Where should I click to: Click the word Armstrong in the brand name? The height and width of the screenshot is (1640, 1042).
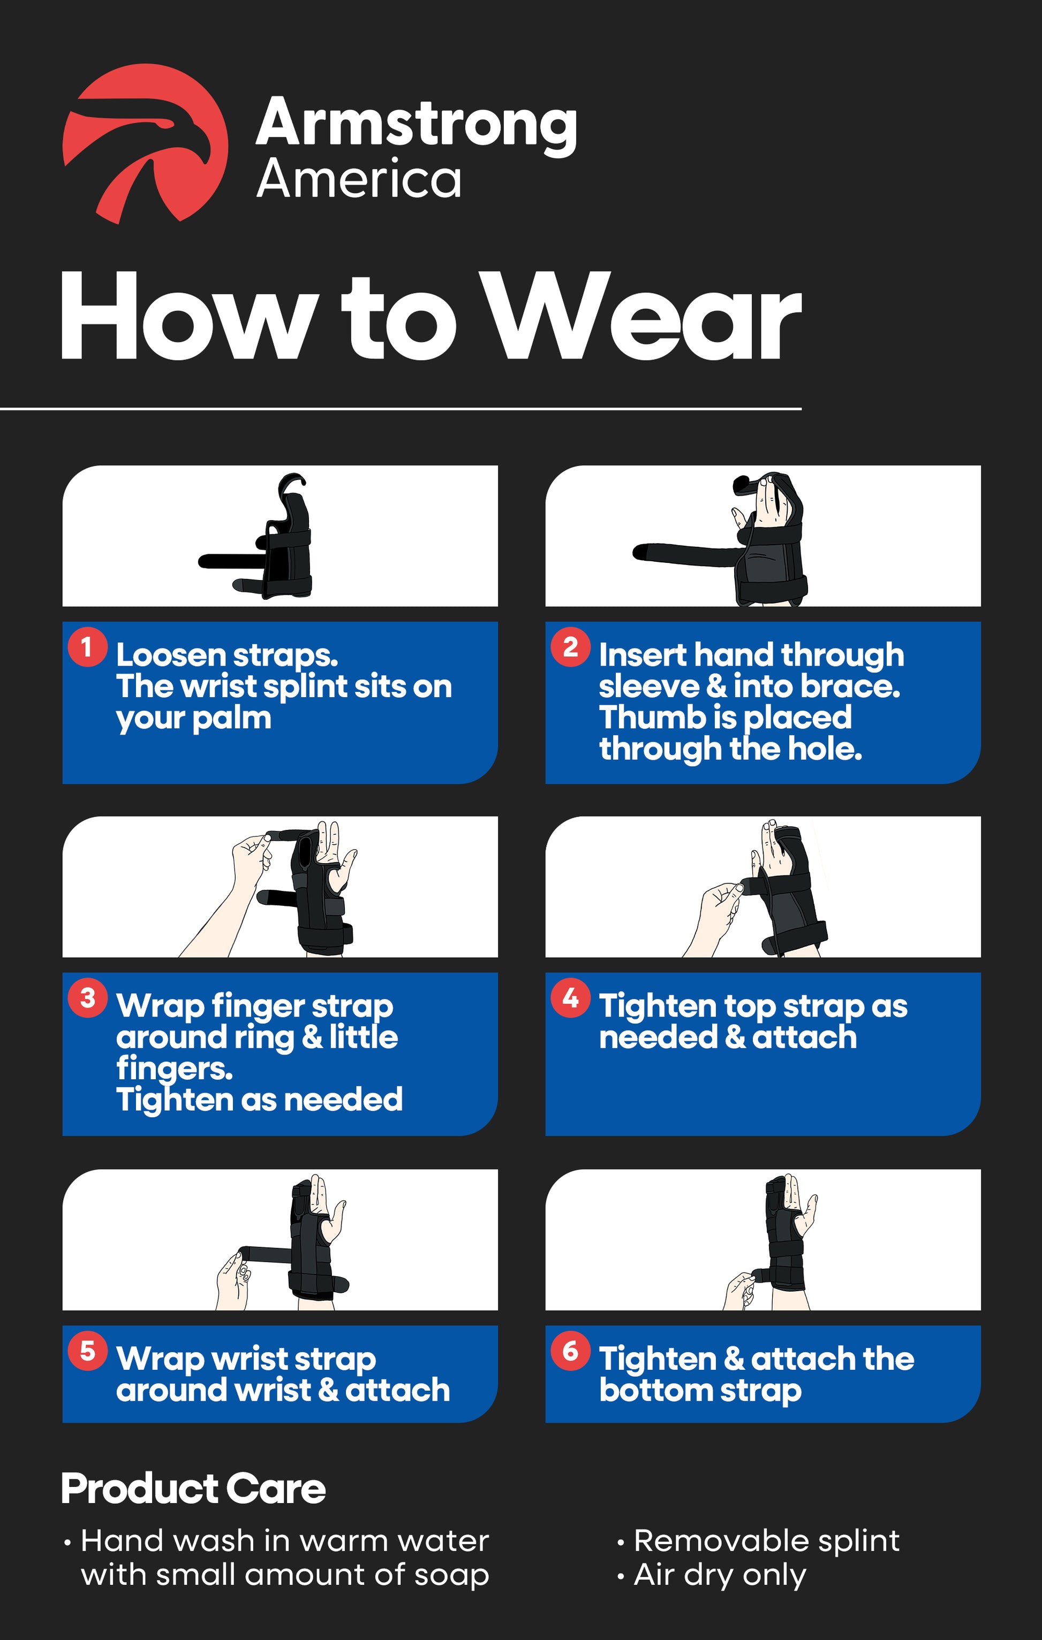[417, 123]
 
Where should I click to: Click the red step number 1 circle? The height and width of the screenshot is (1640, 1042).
[87, 647]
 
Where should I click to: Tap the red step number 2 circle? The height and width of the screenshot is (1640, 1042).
[570, 647]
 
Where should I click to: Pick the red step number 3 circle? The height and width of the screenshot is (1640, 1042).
[87, 998]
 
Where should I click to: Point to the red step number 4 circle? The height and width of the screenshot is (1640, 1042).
[570, 998]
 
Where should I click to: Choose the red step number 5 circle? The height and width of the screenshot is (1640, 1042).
[87, 1351]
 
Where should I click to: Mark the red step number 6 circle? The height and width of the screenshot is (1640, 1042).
[570, 1351]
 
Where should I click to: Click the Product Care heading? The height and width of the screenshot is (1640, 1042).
[193, 1489]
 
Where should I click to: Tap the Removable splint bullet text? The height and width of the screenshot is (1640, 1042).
[767, 1540]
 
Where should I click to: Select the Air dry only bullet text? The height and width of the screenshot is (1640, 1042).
[720, 1575]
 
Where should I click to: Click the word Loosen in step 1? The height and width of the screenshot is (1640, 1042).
[170, 655]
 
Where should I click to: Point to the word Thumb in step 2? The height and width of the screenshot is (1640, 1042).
[642, 717]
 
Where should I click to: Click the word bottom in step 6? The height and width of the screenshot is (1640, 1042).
[655, 1390]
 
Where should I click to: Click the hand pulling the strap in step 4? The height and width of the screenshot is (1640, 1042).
[719, 916]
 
